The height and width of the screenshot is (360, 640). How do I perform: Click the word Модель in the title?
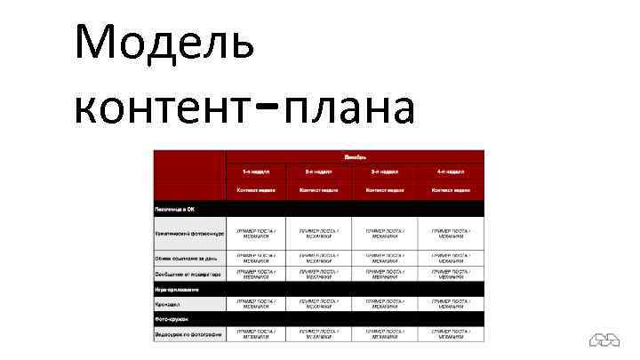click(x=164, y=43)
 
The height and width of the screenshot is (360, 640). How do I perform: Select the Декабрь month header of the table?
click(x=354, y=156)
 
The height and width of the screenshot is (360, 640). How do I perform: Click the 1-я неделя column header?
click(x=256, y=172)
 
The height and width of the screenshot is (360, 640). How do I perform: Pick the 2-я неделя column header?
click(x=318, y=172)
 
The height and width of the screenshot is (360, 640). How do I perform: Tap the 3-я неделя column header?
click(x=385, y=172)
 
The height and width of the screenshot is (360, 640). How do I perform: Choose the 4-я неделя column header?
click(x=452, y=172)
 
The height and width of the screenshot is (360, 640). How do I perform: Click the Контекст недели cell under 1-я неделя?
click(x=256, y=190)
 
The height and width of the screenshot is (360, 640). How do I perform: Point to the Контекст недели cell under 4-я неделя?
click(x=452, y=190)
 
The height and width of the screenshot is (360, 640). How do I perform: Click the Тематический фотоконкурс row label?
click(x=189, y=233)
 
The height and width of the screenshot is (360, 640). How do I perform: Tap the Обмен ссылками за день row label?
click(x=188, y=259)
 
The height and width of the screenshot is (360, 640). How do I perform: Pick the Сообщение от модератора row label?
click(x=188, y=275)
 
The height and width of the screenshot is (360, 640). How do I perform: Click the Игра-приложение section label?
click(x=178, y=289)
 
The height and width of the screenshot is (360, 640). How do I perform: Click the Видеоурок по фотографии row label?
click(x=188, y=334)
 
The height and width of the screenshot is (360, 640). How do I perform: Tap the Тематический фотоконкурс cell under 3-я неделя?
click(x=385, y=233)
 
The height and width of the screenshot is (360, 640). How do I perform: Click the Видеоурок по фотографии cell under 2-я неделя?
click(x=318, y=334)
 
